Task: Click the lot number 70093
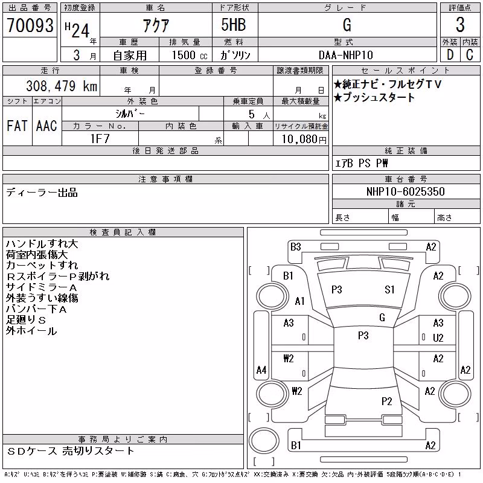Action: tap(30, 25)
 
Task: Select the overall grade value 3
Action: tap(460, 25)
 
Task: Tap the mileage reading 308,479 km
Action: tap(62, 86)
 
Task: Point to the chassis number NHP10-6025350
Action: tap(406, 191)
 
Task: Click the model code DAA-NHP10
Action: tap(346, 55)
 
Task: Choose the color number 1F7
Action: tap(100, 139)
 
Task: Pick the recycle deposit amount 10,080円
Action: tap(304, 139)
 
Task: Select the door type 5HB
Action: tap(234, 25)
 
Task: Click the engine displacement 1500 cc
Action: tap(190, 55)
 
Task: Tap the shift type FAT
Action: tap(17, 126)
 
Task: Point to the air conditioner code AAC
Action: tap(46, 126)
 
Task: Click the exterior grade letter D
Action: tap(450, 55)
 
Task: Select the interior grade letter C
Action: tap(470, 55)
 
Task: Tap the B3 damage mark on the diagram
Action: tap(295, 247)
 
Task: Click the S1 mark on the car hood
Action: tap(389, 290)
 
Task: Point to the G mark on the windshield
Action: tap(382, 318)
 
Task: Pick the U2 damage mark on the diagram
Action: tap(438, 338)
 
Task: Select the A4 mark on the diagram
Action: tap(261, 369)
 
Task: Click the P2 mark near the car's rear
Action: tap(386, 401)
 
